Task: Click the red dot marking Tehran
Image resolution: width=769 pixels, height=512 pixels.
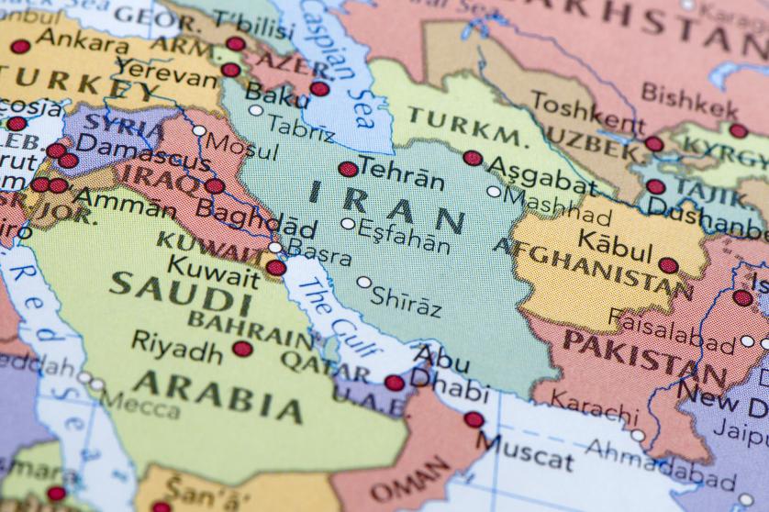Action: pyautogui.click(x=348, y=169)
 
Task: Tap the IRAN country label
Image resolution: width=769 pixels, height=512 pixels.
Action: pyautogui.click(x=386, y=206)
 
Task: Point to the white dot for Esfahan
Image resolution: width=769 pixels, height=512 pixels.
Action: pyautogui.click(x=348, y=223)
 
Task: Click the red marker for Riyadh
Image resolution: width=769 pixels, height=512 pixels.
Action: pyautogui.click(x=242, y=349)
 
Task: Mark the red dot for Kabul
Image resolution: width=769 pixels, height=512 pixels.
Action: pyautogui.click(x=668, y=265)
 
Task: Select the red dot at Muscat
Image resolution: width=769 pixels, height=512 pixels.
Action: pyautogui.click(x=474, y=419)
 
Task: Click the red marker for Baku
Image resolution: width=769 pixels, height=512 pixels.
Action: pyautogui.click(x=319, y=89)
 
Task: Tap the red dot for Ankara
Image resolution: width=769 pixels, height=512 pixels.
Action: pyautogui.click(x=20, y=47)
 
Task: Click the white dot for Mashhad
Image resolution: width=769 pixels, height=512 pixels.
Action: pyautogui.click(x=494, y=192)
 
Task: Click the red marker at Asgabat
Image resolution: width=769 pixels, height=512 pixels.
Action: pyautogui.click(x=473, y=158)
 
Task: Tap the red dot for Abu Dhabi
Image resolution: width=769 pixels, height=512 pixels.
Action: pyautogui.click(x=394, y=383)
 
